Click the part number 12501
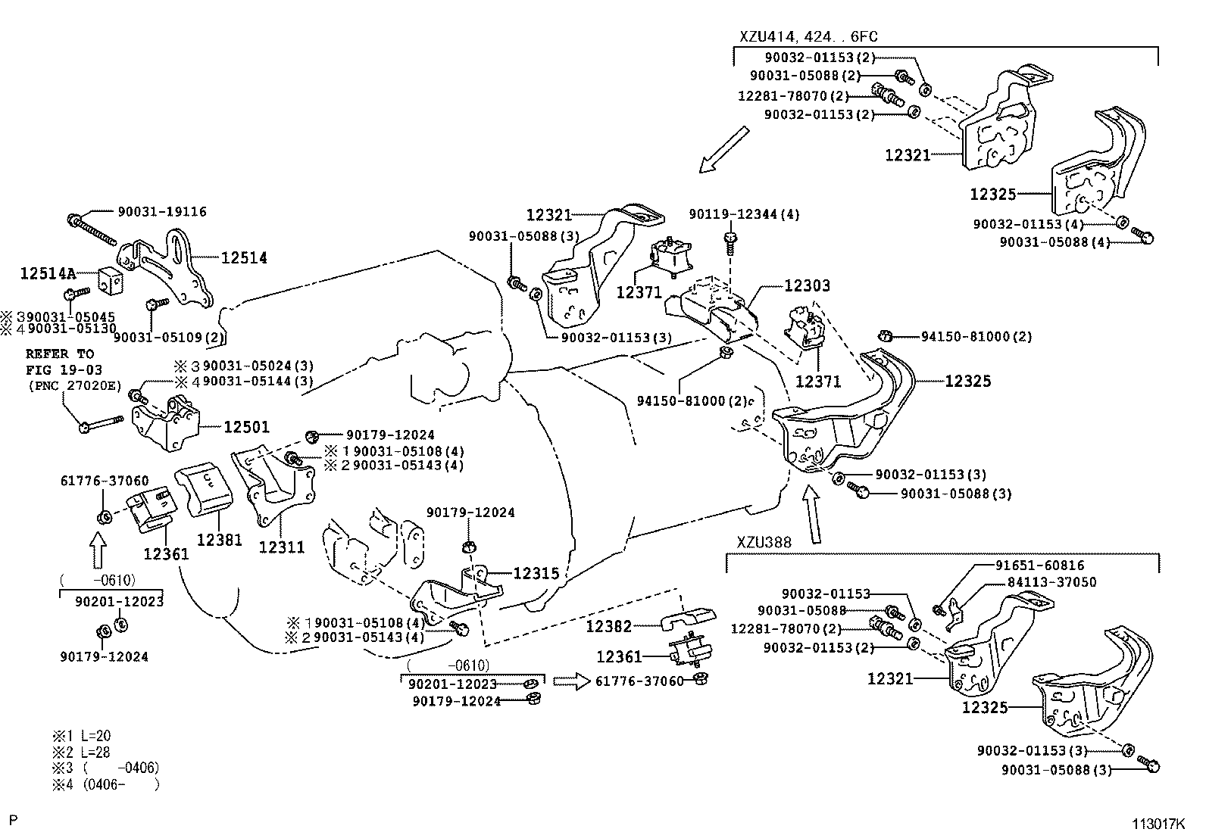click(x=246, y=427)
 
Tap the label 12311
click(x=282, y=547)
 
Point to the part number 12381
click(x=220, y=540)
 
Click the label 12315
click(x=536, y=574)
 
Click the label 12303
click(x=807, y=286)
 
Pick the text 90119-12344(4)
click(x=744, y=214)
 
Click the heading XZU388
click(x=764, y=542)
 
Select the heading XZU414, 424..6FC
click(x=809, y=36)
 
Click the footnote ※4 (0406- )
click(x=105, y=785)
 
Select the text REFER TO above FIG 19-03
click(x=60, y=354)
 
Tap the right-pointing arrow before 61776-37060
click(x=570, y=681)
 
